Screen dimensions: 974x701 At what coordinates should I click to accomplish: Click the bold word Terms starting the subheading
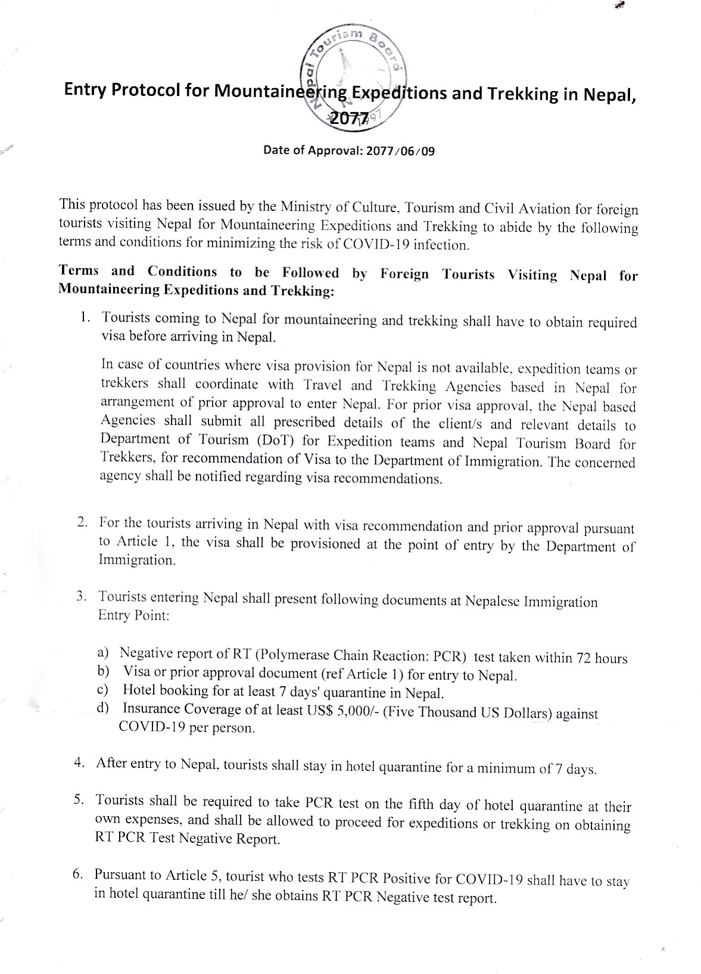79,270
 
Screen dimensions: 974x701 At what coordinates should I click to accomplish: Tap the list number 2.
82,522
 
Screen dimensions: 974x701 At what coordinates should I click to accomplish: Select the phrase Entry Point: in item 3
134,615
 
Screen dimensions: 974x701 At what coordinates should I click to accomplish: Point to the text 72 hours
602,658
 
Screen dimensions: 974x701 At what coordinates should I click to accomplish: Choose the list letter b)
104,671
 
